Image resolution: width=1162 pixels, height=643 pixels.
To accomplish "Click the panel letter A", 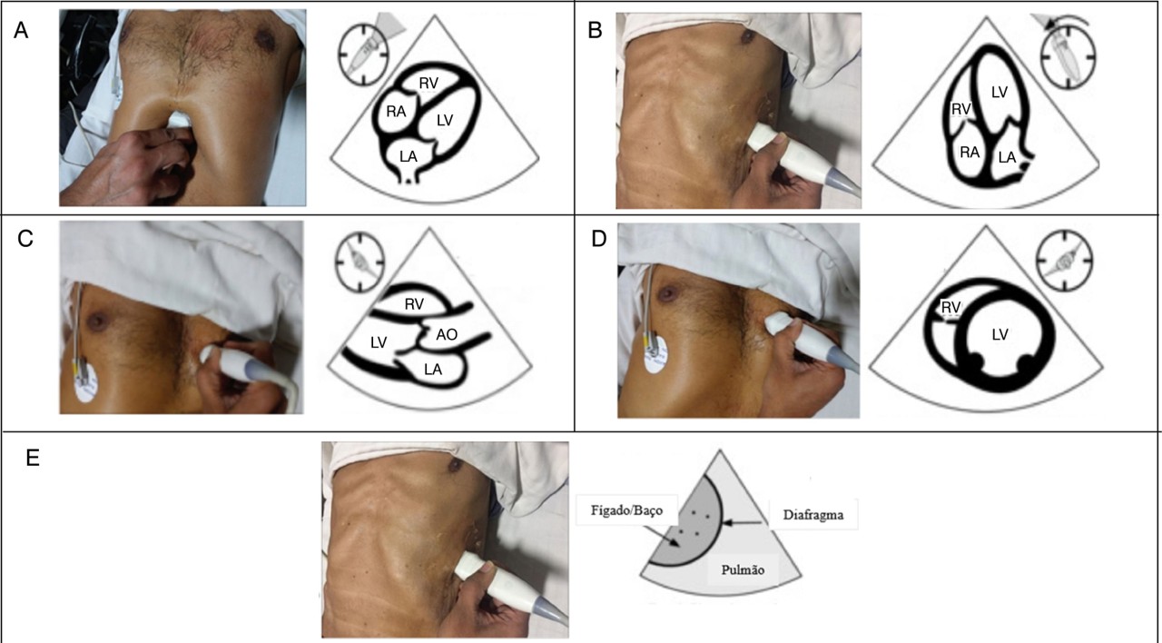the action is (21, 31).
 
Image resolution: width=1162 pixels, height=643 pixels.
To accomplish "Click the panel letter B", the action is (595, 31).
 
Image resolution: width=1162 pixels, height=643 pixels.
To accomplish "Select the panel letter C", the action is (25, 239).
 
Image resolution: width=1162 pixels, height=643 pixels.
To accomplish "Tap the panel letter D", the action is (599, 239).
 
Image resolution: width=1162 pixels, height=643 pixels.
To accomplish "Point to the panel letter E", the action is (32, 459).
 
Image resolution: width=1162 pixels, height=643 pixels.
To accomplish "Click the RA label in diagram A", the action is (396, 112).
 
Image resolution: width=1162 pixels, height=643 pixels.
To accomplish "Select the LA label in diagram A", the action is (409, 156).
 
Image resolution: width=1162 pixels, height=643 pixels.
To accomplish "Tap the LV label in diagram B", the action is (1000, 93).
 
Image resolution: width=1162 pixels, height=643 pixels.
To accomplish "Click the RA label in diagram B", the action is (970, 152).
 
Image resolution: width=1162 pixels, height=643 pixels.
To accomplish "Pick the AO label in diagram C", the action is (446, 335).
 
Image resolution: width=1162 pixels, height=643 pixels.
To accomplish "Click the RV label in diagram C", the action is (414, 304).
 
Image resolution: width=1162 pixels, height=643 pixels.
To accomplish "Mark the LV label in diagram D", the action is (1000, 335).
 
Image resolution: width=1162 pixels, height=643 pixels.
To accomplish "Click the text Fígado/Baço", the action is (626, 510).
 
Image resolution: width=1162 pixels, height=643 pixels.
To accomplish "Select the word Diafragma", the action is (812, 515).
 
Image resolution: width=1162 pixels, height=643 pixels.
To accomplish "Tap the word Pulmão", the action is (743, 569).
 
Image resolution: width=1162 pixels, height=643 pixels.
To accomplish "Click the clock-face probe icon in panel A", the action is (363, 54).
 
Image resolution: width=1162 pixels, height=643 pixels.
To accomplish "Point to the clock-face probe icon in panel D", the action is (1064, 260).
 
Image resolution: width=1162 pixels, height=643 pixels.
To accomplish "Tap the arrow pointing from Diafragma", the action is (743, 523).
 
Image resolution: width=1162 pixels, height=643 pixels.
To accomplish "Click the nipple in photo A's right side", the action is (264, 39).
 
